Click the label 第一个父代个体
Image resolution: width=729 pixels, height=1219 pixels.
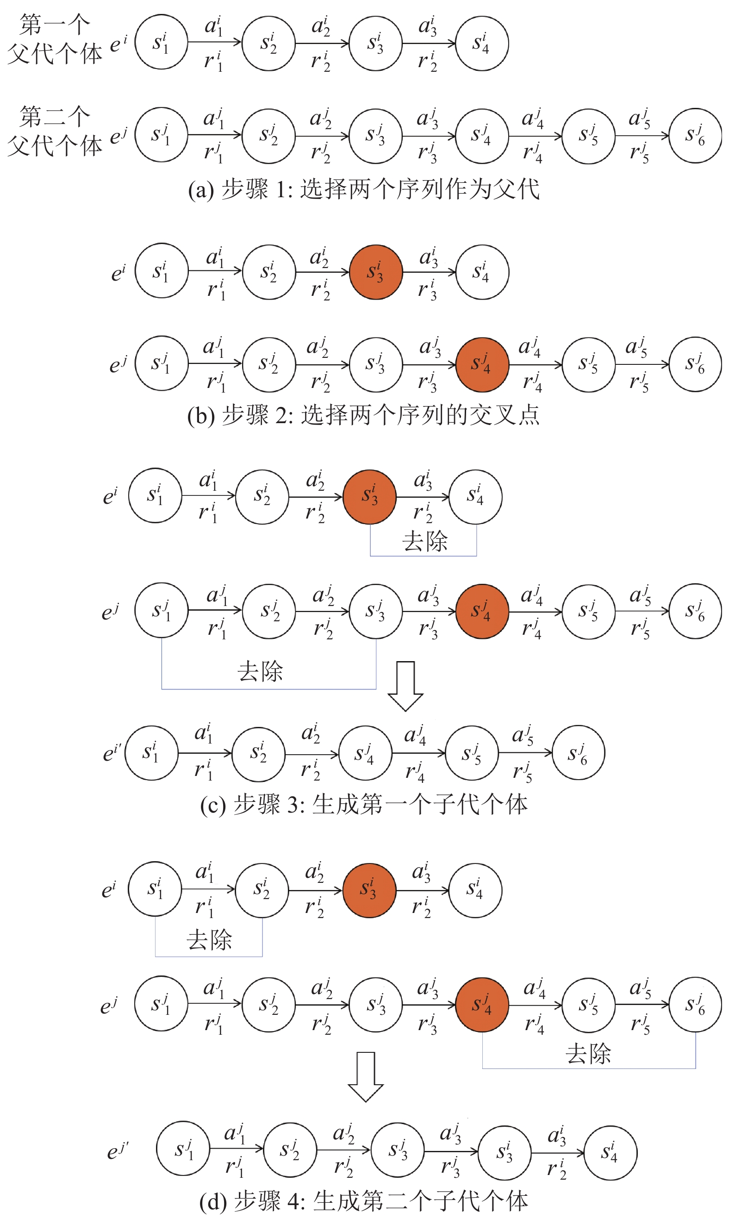pos(55,39)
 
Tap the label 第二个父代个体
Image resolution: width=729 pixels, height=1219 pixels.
pos(55,131)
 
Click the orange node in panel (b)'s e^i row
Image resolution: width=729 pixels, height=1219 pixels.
pos(376,272)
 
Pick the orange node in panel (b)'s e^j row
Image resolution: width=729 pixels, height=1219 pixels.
pos(482,364)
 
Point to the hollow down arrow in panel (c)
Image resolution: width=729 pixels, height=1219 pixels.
pos(405,686)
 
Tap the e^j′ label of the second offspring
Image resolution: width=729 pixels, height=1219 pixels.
pos(118,1150)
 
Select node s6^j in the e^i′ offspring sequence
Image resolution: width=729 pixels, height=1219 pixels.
pos(578,753)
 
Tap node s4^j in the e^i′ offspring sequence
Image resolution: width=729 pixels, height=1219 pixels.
pos(365,753)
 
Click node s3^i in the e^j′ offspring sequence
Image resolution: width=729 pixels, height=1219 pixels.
pos(505,1153)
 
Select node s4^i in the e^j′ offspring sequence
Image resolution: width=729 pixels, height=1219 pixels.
pos(610,1152)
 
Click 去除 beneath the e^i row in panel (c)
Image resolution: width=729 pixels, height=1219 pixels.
pos(425,541)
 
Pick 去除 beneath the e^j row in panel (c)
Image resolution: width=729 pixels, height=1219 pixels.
pos(260,671)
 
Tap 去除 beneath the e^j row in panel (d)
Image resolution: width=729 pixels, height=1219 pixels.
pos(588,1053)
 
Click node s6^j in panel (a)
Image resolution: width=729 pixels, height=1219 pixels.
pos(695,136)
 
